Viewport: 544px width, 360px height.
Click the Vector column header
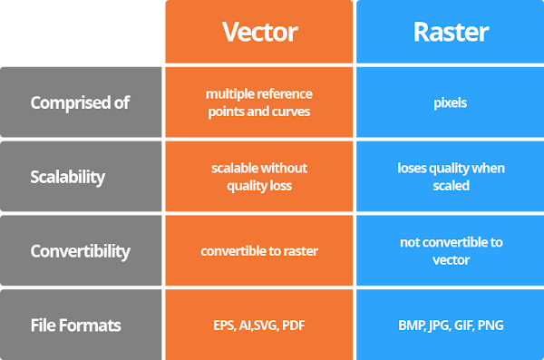coord(259,32)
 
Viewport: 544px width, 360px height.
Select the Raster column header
coord(451,32)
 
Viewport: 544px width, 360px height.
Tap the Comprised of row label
coord(80,102)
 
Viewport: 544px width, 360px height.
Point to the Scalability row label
coord(68,177)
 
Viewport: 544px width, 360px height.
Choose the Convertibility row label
coord(80,251)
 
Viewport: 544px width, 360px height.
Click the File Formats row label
coord(75,326)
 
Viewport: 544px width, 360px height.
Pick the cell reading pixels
coord(450,103)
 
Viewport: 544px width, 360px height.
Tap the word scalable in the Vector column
coord(231,168)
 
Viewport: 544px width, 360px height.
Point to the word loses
coord(412,168)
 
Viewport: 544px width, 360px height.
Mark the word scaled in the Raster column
coord(451,186)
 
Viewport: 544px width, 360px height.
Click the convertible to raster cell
coord(259,251)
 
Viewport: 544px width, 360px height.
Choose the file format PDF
coord(294,326)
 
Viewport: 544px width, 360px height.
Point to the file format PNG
coord(491,326)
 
